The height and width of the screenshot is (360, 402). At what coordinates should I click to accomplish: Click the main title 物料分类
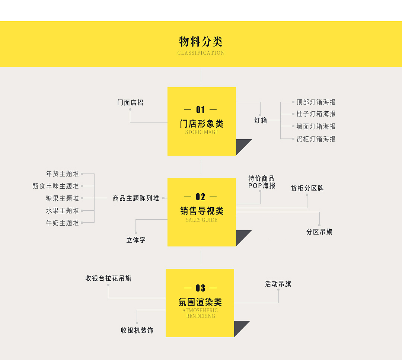[201, 41]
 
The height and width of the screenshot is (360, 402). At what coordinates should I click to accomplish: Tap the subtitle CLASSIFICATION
[201, 53]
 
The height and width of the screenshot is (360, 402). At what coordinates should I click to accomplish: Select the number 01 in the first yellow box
[201, 110]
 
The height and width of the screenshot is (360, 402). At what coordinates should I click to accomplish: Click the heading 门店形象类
[201, 124]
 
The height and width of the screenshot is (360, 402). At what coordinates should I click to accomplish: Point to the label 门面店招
[130, 102]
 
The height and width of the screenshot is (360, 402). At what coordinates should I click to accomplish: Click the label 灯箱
[261, 120]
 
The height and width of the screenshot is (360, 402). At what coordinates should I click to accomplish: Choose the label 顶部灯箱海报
[316, 102]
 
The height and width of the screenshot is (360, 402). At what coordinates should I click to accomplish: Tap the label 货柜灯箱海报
[316, 139]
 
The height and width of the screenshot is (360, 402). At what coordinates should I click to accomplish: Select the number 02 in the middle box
[201, 197]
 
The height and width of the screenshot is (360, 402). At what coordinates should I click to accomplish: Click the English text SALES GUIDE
[201, 220]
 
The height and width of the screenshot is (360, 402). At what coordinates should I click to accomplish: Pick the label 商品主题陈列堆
[136, 198]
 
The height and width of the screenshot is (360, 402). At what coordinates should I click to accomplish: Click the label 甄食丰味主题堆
[56, 186]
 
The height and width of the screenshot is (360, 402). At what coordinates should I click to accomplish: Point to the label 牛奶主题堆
[63, 223]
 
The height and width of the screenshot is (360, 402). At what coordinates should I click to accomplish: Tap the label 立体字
[136, 240]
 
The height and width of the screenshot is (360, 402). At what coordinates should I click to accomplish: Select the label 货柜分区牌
[307, 188]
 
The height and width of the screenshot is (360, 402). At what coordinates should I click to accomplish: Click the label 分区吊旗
[319, 232]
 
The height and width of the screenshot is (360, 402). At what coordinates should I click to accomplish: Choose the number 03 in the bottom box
[200, 288]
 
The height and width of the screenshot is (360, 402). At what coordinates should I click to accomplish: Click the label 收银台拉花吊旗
[108, 278]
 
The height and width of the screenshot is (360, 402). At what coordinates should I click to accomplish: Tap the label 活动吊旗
[278, 284]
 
